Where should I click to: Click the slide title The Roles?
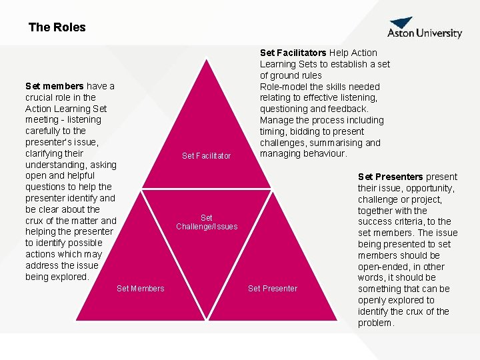pos(57,27)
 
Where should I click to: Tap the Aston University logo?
pos(425,29)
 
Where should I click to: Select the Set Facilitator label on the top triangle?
pos(206,156)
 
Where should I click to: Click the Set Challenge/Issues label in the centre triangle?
pos(207,222)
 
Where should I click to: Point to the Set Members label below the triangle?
pos(140,288)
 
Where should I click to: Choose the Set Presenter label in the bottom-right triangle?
pos(273,288)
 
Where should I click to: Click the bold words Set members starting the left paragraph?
pos(54,86)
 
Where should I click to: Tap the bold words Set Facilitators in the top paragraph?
pos(293,53)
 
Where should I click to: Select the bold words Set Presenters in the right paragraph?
pos(390,177)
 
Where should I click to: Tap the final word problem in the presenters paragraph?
pos(376,323)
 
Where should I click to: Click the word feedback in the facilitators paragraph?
pos(347,109)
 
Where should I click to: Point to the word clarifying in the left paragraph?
pos(46,153)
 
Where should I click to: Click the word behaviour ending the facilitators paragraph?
pos(323,154)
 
